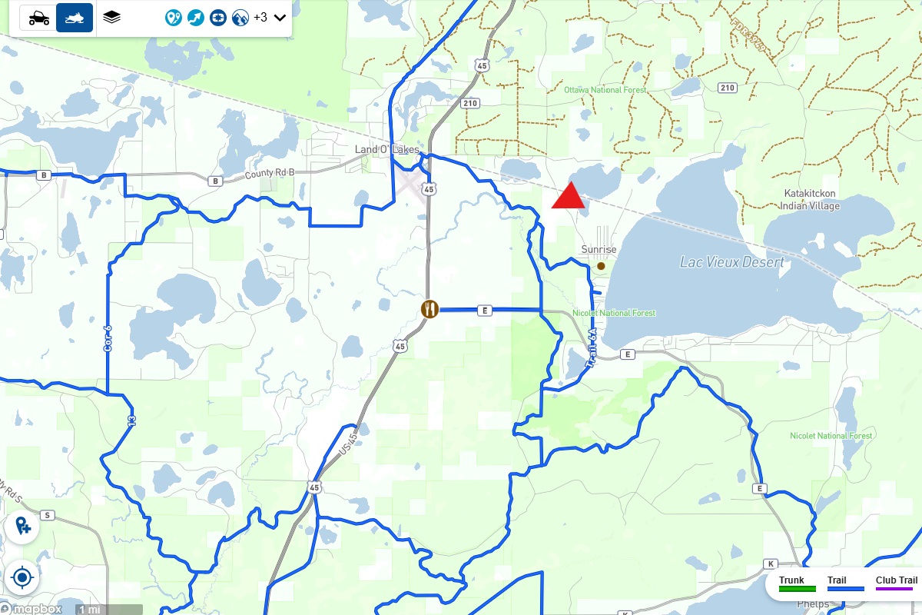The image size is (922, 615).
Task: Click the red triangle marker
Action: [x=569, y=197]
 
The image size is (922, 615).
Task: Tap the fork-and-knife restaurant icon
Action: [x=429, y=309]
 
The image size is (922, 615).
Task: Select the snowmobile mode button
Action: [x=75, y=18]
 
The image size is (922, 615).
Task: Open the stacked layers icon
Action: [x=112, y=17]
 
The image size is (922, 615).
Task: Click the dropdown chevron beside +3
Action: [x=280, y=17]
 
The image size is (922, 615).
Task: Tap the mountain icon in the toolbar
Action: [x=240, y=17]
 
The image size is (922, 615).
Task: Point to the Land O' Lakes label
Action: [x=387, y=149]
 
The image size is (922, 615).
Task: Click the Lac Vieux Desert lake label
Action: [x=731, y=262]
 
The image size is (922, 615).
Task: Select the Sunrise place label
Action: [x=599, y=250]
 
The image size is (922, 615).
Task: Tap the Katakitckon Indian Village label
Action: [x=810, y=200]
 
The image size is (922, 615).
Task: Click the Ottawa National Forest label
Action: [x=605, y=90]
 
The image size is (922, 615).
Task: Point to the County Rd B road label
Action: [x=269, y=175]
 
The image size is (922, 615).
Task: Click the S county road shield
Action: [x=47, y=515]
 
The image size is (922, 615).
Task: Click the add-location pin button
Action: [x=22, y=527]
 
